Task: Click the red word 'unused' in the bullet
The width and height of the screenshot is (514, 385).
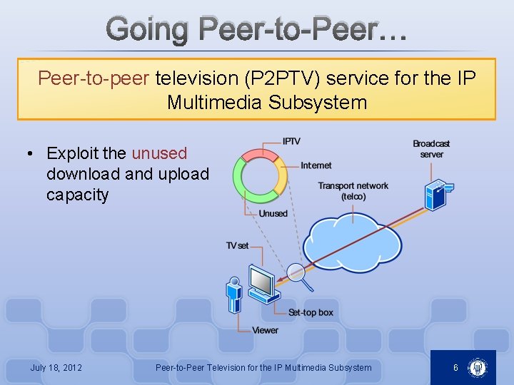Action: [x=159, y=153]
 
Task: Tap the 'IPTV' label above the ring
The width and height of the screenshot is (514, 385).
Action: [x=291, y=142]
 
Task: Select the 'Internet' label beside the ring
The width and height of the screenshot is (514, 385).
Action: [x=316, y=165]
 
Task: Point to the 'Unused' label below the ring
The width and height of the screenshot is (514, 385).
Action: [x=273, y=213]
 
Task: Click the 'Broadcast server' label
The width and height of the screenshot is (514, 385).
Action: [x=431, y=149]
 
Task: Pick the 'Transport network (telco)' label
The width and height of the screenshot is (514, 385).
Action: [x=353, y=191]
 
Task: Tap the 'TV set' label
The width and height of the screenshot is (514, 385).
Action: [x=237, y=246]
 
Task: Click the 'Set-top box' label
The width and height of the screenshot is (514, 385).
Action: [x=311, y=313]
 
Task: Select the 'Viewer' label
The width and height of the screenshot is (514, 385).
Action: [x=265, y=330]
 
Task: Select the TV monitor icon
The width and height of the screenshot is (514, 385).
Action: [x=261, y=282]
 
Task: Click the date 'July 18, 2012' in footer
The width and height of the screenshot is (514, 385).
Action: [x=56, y=368]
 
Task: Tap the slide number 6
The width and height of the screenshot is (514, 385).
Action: [x=455, y=368]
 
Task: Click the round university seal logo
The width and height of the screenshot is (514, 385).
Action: [x=477, y=368]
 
